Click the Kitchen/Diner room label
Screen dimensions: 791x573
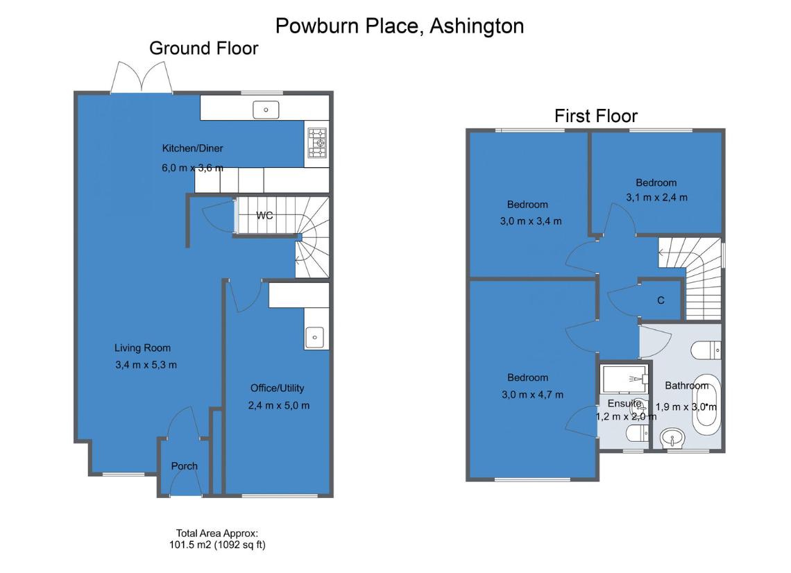click(x=192, y=148)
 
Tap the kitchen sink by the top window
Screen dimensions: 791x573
click(x=266, y=110)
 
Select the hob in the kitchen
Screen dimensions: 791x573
click(x=317, y=143)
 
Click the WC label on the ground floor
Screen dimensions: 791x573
click(x=264, y=215)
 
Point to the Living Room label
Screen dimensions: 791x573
click(x=142, y=348)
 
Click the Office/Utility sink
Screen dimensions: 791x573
click(x=314, y=337)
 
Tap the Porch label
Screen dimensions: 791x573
click(x=184, y=466)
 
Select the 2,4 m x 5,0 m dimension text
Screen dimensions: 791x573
click(x=278, y=406)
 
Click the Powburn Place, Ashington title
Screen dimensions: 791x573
click(x=400, y=26)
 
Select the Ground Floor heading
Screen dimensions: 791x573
click(x=204, y=49)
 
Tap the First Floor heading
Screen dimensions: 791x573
click(x=596, y=116)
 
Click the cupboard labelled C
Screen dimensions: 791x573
click(x=661, y=300)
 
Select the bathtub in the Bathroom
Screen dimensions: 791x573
click(x=706, y=404)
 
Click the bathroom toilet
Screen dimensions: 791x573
click(x=706, y=350)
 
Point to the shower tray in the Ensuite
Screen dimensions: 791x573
click(x=624, y=378)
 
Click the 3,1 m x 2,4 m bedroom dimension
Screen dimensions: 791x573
click(x=656, y=198)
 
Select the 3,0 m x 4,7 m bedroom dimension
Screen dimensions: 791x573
click(x=532, y=395)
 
